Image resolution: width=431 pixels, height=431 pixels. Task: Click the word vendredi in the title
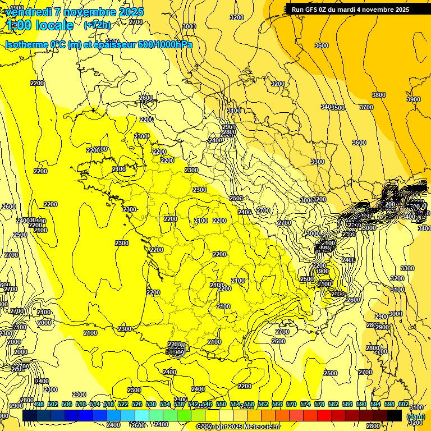25,12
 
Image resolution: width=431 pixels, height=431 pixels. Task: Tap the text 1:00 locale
40,25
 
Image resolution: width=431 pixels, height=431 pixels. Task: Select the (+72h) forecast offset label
97,25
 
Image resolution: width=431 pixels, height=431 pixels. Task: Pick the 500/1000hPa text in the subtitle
165,44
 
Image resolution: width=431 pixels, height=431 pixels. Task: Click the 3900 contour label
413,99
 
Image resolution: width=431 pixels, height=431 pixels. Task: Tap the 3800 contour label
379,95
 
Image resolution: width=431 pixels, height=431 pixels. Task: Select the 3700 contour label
366,107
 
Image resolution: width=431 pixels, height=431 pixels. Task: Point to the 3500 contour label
338,108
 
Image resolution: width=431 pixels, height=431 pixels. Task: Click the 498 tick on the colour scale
39,405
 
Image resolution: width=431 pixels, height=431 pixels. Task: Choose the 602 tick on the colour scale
404,405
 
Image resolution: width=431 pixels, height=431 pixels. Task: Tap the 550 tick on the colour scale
221,405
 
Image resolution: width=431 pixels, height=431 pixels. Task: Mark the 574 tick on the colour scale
305,405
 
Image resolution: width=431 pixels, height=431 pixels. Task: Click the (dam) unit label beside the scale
415,416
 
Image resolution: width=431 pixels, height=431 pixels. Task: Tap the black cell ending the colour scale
395,415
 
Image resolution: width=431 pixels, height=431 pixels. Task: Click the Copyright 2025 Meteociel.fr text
239,427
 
